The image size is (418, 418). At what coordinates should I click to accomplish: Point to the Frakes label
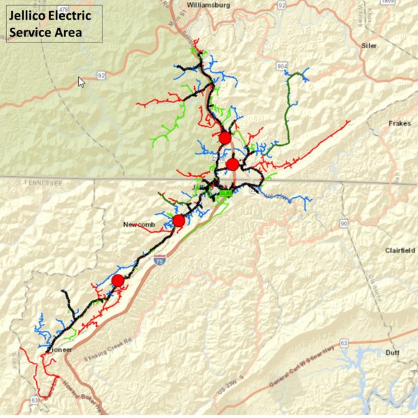click(400, 124)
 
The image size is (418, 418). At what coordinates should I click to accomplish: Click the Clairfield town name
click(399, 250)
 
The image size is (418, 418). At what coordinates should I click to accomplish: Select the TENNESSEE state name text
click(42, 183)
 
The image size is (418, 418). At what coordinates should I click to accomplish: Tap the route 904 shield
click(282, 67)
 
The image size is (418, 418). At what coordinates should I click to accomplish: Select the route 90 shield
click(343, 223)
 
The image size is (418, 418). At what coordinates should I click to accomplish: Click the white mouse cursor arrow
click(82, 82)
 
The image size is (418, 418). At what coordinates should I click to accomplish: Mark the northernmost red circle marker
click(224, 138)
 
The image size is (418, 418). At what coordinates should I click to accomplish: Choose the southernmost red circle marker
click(118, 280)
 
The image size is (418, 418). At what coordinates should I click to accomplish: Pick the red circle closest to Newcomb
click(178, 221)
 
